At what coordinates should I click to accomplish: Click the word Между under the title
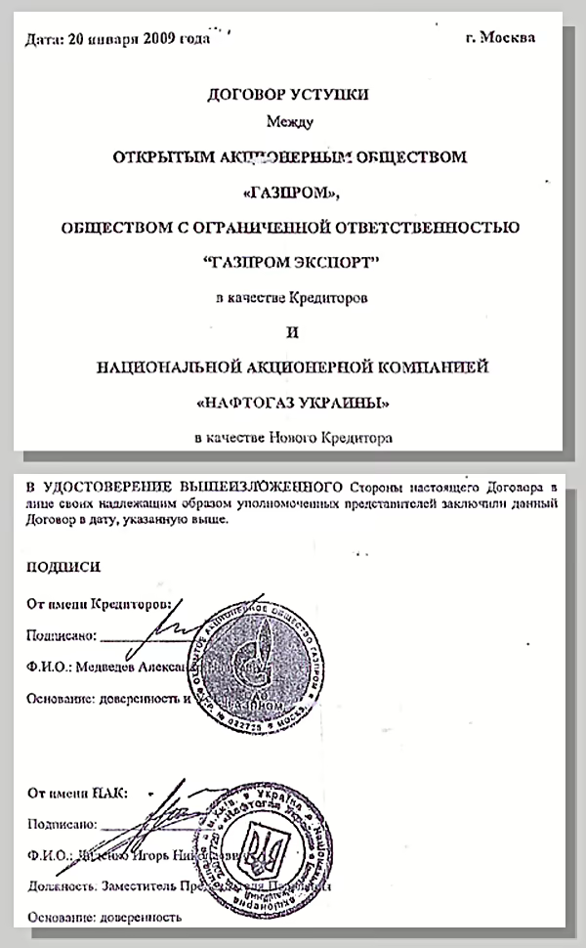coord(292,122)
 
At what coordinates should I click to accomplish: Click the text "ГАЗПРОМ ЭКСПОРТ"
coord(292,262)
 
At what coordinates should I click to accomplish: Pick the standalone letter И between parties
coord(292,332)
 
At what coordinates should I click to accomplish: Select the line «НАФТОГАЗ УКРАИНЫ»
coord(292,402)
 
